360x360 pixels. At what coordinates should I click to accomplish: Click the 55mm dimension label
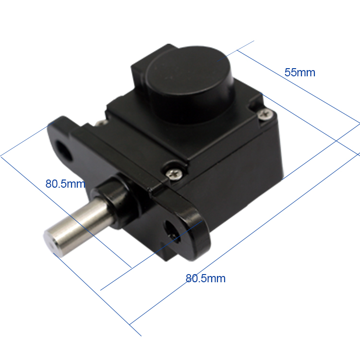pos(300,73)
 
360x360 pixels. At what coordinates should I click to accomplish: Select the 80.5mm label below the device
pos(205,278)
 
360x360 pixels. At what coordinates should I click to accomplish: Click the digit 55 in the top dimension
pos(291,73)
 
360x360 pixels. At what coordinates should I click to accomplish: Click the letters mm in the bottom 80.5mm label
pos(216,278)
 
